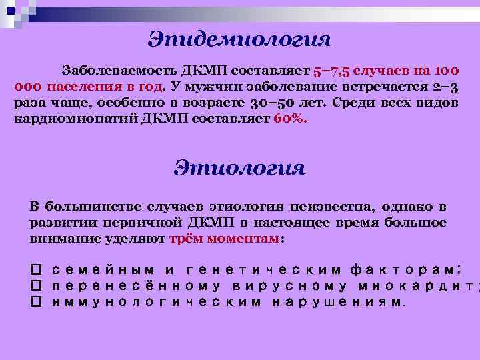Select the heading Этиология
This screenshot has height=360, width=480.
coord(239,167)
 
